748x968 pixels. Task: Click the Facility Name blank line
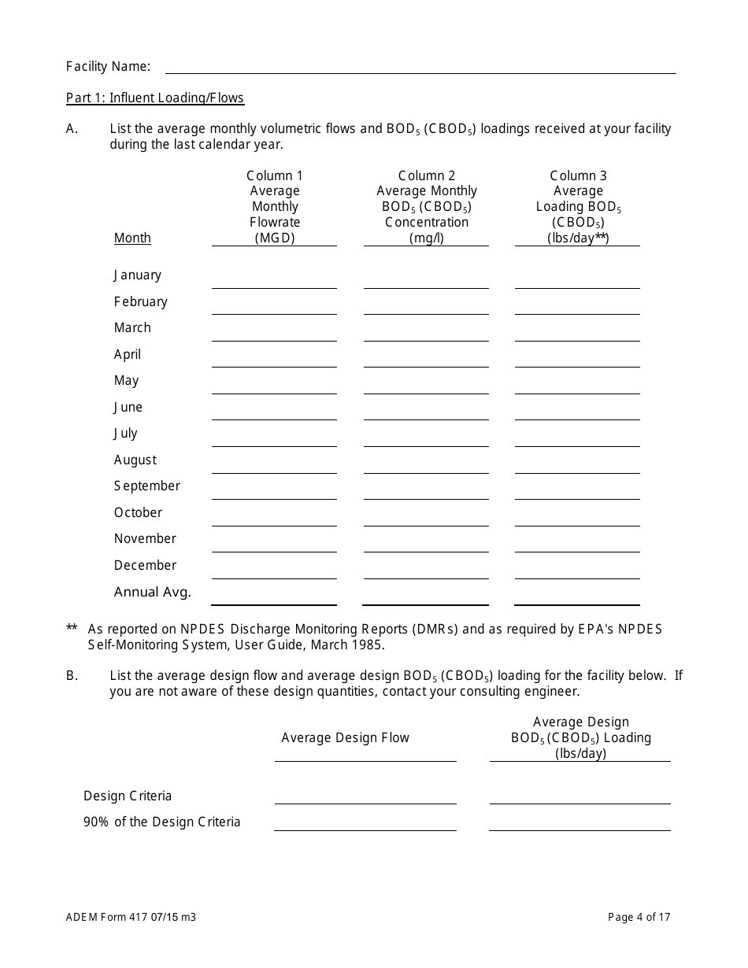420,66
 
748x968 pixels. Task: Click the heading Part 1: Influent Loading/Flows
155,98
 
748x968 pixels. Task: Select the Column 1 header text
275,176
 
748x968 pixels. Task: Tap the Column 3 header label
578,176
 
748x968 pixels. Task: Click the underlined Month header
132,238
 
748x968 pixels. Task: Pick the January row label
137,275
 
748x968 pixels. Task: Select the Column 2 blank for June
425,412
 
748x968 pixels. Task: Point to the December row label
145,565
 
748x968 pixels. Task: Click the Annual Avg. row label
152,593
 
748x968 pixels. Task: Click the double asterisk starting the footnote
72,629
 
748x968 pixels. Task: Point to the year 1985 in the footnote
368,645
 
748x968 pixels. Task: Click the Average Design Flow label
346,738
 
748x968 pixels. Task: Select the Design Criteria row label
128,796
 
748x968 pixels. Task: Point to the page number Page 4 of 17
639,917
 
